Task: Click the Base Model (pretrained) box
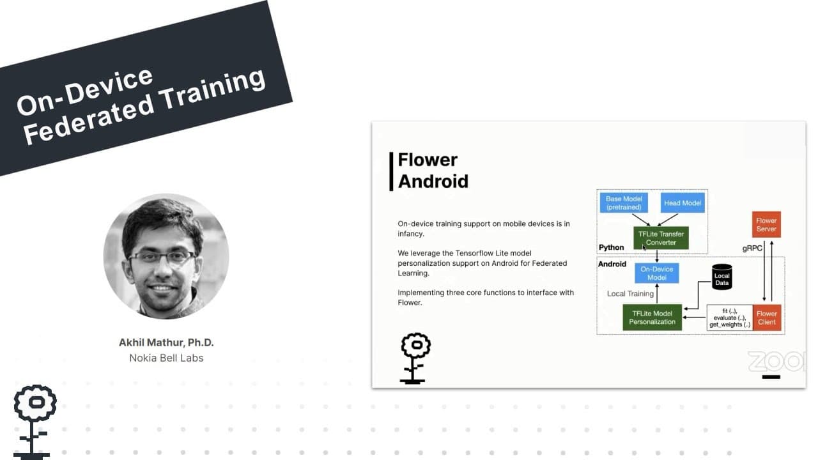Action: tap(624, 203)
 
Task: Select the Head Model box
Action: tap(683, 203)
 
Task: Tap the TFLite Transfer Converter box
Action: tap(661, 238)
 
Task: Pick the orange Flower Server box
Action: tap(766, 224)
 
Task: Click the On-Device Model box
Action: tap(656, 273)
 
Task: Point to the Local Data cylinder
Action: tap(722, 277)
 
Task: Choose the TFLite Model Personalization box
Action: tap(652, 318)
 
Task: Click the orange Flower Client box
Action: tap(766, 318)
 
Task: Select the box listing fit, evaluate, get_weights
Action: tap(730, 318)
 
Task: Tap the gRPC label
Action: tap(752, 249)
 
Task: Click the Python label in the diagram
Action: tap(612, 247)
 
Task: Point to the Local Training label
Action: tap(630, 293)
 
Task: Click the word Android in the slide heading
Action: tap(433, 181)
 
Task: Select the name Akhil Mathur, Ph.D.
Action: tap(166, 342)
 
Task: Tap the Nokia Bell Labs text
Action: tap(166, 358)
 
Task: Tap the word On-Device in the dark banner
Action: tap(84, 91)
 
